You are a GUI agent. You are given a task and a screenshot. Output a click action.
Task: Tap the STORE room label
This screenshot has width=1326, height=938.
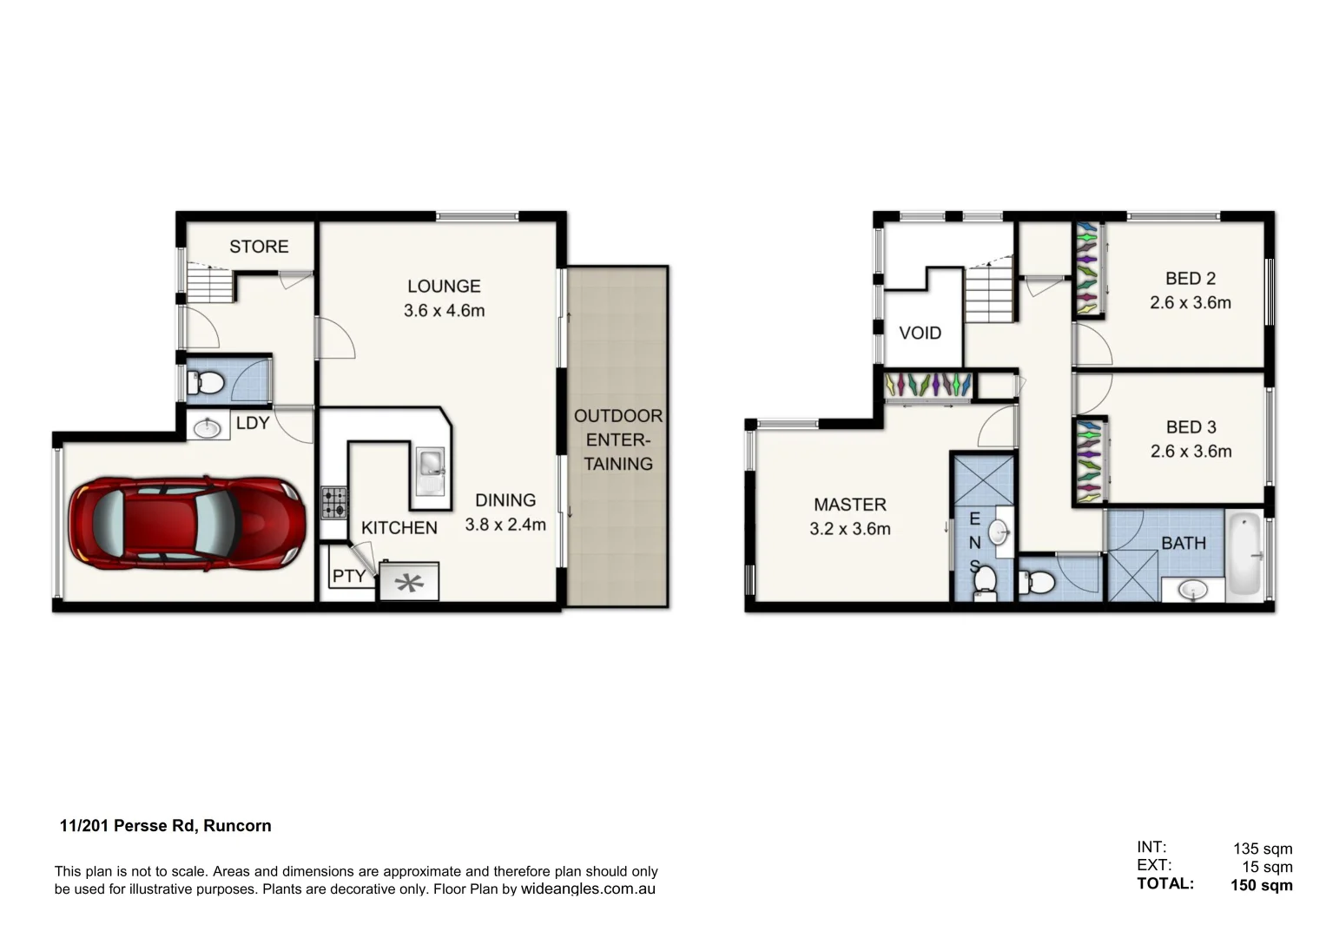pos(259,247)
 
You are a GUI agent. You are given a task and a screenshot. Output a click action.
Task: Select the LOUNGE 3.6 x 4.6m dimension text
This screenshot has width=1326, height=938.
pos(444,310)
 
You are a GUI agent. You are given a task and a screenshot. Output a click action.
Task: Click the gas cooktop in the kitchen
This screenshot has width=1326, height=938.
pos(334,502)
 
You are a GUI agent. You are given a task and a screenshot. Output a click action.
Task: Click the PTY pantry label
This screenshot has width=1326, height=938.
pos(349,576)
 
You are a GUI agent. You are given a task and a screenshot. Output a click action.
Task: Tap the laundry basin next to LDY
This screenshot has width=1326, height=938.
pos(208,427)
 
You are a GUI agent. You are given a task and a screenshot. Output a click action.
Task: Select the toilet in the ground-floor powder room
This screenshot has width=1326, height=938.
pos(206,381)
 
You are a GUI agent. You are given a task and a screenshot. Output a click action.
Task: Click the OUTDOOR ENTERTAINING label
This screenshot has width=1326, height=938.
pos(617,439)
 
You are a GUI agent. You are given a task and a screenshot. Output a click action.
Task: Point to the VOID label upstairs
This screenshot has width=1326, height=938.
pos(920,334)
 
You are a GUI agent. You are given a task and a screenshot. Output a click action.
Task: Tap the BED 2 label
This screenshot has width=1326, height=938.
pos(1190,279)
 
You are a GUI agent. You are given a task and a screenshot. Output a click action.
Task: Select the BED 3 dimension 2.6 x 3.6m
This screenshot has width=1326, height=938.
pos(1190,452)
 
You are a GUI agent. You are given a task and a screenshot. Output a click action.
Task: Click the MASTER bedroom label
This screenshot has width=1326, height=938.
pos(849,505)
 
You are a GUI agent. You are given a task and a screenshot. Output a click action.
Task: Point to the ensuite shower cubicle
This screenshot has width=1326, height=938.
pos(984,479)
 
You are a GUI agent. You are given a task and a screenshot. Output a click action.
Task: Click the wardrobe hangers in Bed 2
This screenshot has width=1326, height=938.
pos(1087,269)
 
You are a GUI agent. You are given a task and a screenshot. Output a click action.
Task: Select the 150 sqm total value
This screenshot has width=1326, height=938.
pos(1261,886)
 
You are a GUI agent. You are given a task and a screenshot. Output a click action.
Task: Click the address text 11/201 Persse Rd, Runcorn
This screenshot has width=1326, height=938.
pos(165,826)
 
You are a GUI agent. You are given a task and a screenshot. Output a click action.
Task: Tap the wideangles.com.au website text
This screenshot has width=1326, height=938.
pos(588,889)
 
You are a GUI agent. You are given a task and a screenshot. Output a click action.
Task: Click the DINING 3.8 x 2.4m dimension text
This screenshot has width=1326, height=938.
pos(505,525)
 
